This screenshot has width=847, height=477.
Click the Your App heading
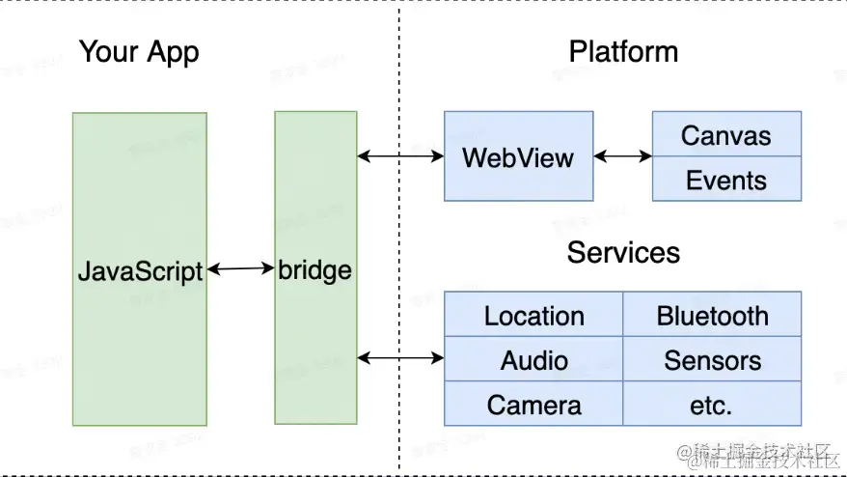(x=139, y=52)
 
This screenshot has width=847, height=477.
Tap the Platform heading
(x=623, y=51)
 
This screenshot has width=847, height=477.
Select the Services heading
(x=623, y=253)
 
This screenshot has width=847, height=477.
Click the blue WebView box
(x=518, y=156)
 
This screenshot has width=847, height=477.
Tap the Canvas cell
(x=726, y=135)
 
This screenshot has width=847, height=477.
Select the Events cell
(x=726, y=180)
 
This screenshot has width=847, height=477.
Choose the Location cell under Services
(x=533, y=316)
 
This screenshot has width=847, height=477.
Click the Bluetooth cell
(x=712, y=316)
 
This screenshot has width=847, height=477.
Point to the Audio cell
(x=533, y=360)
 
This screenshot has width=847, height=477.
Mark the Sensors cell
(x=712, y=360)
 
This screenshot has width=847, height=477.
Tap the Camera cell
(x=533, y=405)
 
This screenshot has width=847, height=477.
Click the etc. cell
(x=712, y=405)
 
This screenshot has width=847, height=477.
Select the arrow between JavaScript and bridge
(x=241, y=269)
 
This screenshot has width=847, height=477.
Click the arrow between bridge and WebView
(x=400, y=155)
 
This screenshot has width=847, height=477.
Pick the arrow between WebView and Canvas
(x=623, y=155)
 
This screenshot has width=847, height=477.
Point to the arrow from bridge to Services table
(x=400, y=358)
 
